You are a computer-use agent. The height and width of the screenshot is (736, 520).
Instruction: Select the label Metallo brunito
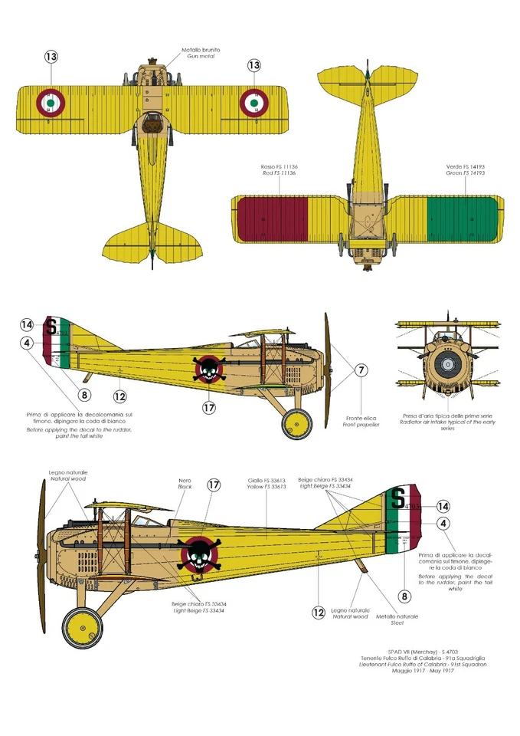(x=201, y=50)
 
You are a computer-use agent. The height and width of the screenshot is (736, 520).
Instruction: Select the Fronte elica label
(x=359, y=414)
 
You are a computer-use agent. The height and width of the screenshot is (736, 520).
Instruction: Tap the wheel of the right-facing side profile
(x=296, y=423)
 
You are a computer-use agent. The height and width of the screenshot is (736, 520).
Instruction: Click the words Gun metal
(x=201, y=58)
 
